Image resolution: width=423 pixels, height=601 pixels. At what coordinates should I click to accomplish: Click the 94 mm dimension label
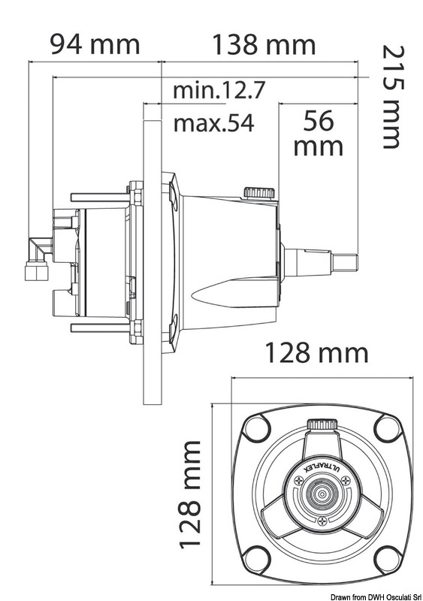tap(95, 44)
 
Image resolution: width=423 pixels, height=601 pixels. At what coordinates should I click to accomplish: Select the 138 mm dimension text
tap(261, 44)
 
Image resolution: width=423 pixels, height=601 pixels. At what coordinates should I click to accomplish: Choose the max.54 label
tap(214, 122)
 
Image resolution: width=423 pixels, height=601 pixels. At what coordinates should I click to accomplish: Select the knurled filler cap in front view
tap(322, 428)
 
